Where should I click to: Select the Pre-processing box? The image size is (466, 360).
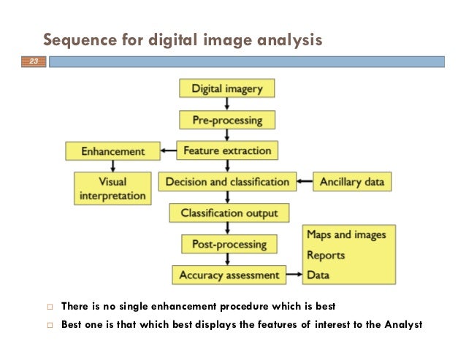[226, 119]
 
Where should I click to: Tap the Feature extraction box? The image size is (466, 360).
[227, 151]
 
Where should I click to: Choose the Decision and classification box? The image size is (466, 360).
[227, 182]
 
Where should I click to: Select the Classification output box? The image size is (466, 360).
[229, 212]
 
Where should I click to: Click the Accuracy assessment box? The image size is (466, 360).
[229, 275]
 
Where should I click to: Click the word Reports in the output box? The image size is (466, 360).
[326, 256]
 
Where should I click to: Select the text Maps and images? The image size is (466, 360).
[346, 234]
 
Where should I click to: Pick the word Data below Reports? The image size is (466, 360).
[318, 275]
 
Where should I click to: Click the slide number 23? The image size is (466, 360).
[34, 64]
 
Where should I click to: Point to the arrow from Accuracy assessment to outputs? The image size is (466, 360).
[294, 275]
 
